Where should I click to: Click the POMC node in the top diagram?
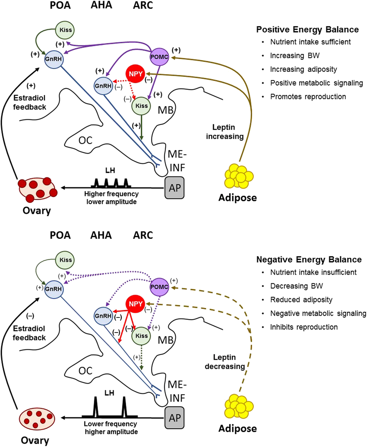coord(159,57)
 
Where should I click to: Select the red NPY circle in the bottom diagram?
coord(136,304)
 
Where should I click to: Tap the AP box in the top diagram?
coord(175,188)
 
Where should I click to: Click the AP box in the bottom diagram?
coord(175,418)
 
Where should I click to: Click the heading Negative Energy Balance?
coord(309,259)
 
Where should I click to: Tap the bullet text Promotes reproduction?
coord(308,97)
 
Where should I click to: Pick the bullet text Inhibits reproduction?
coord(304,327)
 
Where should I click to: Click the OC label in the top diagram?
coord(86,141)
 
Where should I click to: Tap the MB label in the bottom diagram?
coord(165,339)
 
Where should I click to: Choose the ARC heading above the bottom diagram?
coord(143,235)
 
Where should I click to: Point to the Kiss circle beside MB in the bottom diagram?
coord(141,336)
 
